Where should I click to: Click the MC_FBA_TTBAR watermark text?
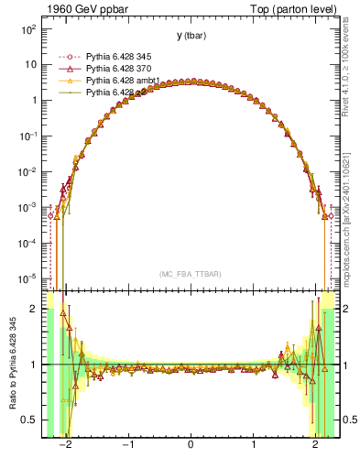coord(191,273)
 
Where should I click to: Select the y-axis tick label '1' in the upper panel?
coord(33,101)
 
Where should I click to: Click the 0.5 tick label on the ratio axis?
coord(29,420)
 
